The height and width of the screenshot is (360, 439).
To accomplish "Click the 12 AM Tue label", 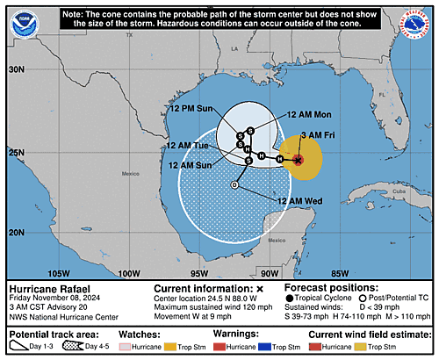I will [x=189, y=145].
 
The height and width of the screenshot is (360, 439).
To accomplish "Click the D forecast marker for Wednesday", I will [x=234, y=185].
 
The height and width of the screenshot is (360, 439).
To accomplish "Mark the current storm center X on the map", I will [x=298, y=160].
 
